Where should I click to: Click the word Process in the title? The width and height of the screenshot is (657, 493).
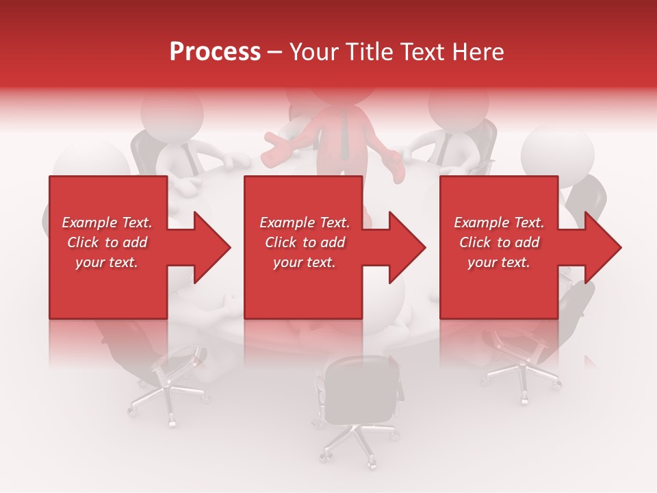pyautogui.click(x=215, y=52)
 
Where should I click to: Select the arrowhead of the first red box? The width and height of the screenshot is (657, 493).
pyautogui.click(x=208, y=247)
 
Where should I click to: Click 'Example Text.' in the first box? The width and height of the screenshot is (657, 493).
pyautogui.click(x=107, y=223)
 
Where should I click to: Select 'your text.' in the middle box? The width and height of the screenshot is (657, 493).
pyautogui.click(x=305, y=262)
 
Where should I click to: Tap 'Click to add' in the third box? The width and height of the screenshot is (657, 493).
pyautogui.click(x=499, y=242)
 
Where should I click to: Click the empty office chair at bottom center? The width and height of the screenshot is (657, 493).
pyautogui.click(x=361, y=390)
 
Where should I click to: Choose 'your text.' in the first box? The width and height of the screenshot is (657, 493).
pyautogui.click(x=107, y=262)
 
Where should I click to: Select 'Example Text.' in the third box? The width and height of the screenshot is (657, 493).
pyautogui.click(x=499, y=223)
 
